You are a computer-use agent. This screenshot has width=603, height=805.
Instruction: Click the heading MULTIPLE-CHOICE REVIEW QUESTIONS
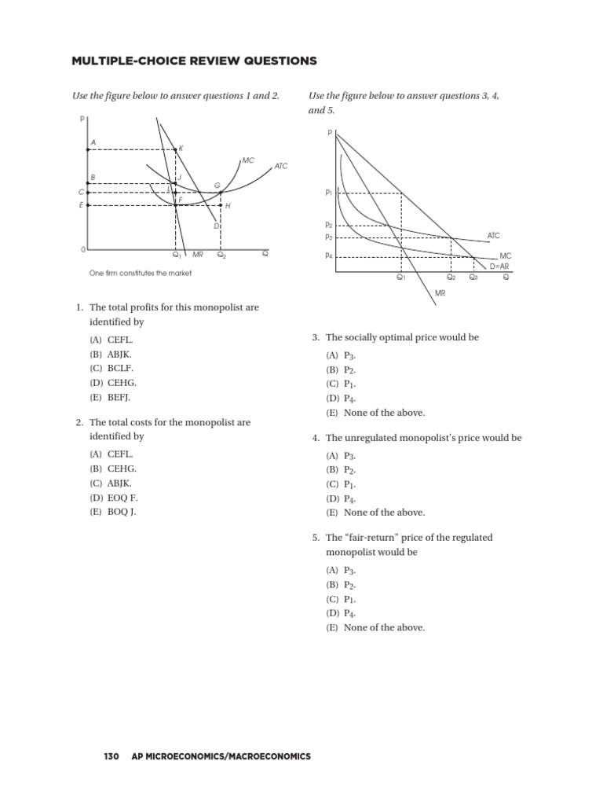(x=183, y=61)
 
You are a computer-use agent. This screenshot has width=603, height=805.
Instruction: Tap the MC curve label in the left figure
(x=248, y=160)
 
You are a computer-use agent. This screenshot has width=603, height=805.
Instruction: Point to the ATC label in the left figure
(x=281, y=166)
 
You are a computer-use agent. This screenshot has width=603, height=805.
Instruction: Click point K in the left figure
(x=181, y=148)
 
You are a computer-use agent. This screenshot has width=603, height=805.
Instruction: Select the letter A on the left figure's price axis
(x=93, y=142)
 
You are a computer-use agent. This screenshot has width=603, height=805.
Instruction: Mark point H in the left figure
(x=228, y=206)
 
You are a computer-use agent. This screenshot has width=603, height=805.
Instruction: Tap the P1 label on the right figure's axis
(x=328, y=193)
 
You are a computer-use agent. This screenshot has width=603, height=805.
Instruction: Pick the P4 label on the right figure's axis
(x=328, y=255)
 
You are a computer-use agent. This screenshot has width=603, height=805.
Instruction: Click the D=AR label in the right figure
(x=499, y=266)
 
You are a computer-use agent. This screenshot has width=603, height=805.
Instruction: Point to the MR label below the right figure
(x=440, y=292)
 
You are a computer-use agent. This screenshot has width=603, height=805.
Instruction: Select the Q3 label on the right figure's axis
(x=473, y=278)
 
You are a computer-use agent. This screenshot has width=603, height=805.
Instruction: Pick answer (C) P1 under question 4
(x=342, y=483)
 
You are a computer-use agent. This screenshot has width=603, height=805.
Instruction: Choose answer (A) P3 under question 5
(x=342, y=570)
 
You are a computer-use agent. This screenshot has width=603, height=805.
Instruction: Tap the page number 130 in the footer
(x=111, y=756)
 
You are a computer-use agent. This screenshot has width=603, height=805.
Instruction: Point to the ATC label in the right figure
(x=493, y=235)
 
